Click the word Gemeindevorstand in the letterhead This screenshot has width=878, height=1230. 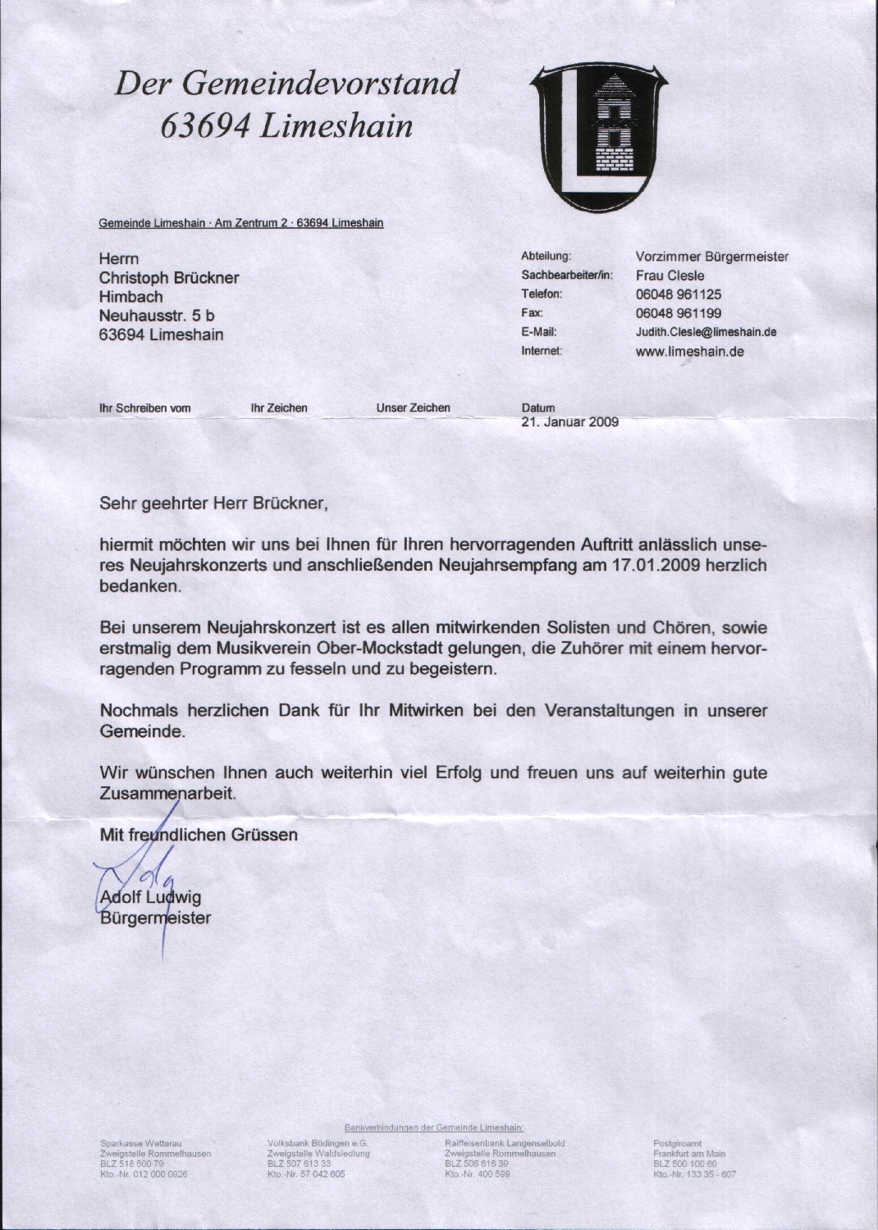click(x=320, y=84)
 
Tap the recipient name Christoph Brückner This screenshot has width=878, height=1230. click(x=169, y=278)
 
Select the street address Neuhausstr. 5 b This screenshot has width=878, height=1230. click(x=157, y=316)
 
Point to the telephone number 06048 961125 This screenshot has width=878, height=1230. click(x=679, y=294)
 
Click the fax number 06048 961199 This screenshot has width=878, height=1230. click(x=679, y=313)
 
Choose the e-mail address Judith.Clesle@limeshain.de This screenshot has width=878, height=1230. click(x=706, y=332)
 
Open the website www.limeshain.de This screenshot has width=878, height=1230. click(x=690, y=352)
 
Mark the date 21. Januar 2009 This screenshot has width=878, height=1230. click(x=569, y=423)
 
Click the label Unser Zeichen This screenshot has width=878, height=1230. click(x=413, y=408)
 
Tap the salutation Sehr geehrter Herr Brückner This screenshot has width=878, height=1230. click(x=213, y=502)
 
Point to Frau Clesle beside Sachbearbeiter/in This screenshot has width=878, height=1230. click(x=670, y=276)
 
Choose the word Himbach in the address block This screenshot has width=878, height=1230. click(x=131, y=297)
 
